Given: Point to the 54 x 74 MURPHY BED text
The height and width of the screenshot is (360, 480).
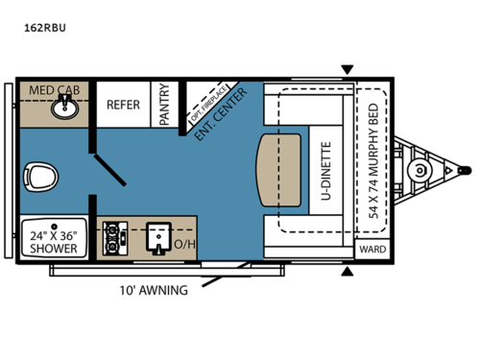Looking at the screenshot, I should (x=372, y=160).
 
